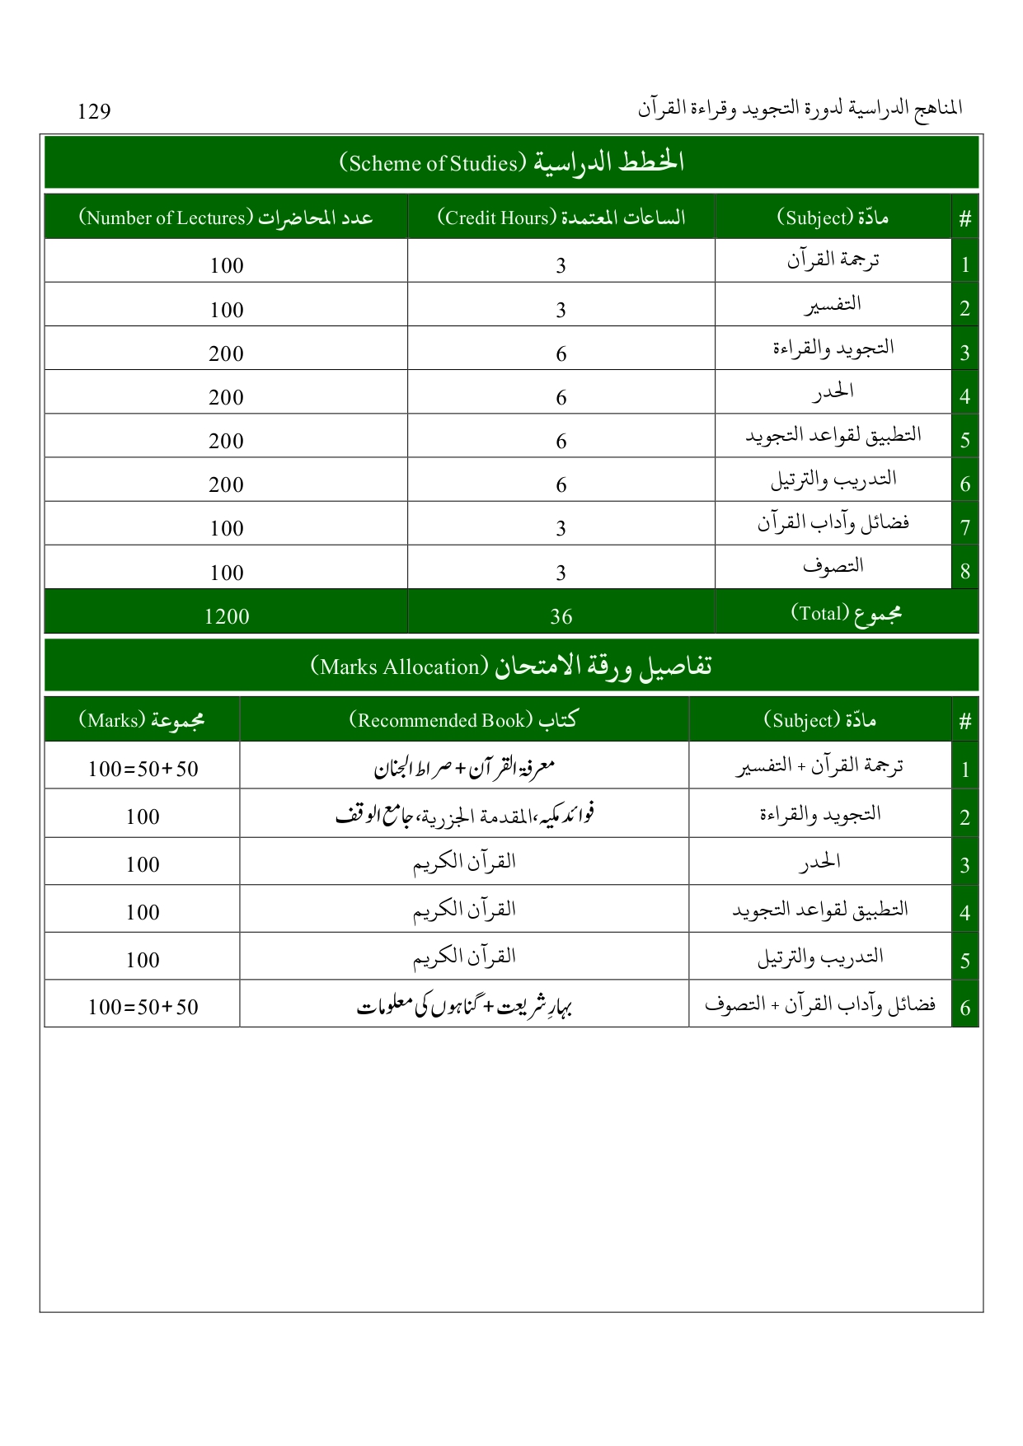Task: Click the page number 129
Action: click(94, 111)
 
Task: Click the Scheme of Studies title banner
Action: click(511, 162)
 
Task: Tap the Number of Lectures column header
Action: click(226, 218)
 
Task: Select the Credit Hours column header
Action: click(561, 218)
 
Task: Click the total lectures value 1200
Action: click(227, 616)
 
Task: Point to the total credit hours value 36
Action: click(561, 616)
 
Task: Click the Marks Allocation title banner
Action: click(511, 666)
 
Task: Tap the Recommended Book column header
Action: click(463, 720)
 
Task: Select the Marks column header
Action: click(142, 720)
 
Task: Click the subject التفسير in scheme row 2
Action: click(833, 304)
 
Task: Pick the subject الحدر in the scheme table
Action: click(833, 392)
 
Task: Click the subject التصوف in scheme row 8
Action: click(833, 567)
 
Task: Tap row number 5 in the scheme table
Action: click(964, 440)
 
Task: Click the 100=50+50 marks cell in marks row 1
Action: click(143, 769)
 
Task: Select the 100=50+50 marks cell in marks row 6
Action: click(143, 1007)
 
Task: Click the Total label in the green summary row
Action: click(846, 614)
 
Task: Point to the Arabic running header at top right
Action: click(800, 109)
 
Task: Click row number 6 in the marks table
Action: click(964, 1008)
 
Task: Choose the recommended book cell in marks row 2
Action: click(464, 816)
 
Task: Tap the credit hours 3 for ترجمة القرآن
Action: click(561, 265)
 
